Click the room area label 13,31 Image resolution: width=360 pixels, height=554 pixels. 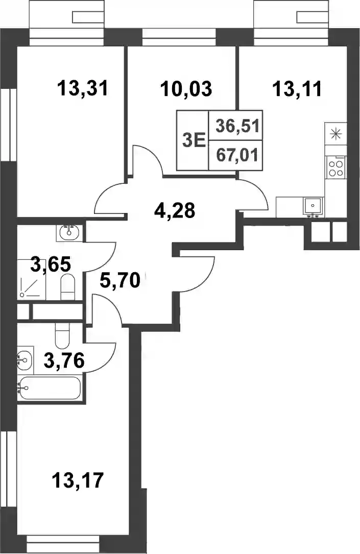[83, 88]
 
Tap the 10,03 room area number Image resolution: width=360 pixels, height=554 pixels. [186, 88]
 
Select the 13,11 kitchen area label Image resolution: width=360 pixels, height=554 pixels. [297, 88]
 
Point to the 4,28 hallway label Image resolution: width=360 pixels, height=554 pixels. [175, 211]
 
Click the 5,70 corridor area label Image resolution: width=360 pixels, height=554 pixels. [120, 281]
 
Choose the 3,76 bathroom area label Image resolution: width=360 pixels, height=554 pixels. [64, 360]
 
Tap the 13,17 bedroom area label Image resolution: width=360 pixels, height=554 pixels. [78, 479]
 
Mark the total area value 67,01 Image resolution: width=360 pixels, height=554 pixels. [237, 155]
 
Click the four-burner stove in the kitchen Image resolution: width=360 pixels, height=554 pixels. [335, 168]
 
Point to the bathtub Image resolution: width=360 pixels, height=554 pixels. [50, 388]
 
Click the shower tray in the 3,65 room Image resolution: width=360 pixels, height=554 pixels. [32, 279]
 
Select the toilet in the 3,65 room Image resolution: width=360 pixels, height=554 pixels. [67, 287]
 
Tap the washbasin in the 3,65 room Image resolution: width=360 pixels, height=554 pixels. [69, 232]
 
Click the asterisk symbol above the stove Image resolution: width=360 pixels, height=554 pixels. [335, 134]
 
